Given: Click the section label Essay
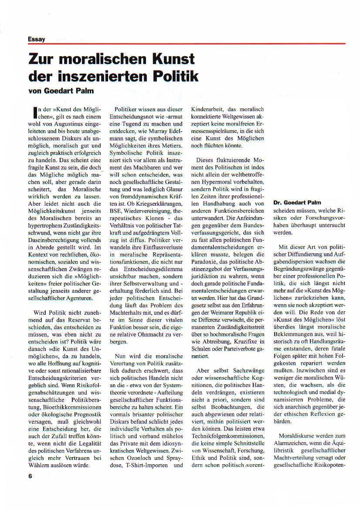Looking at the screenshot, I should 37,39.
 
